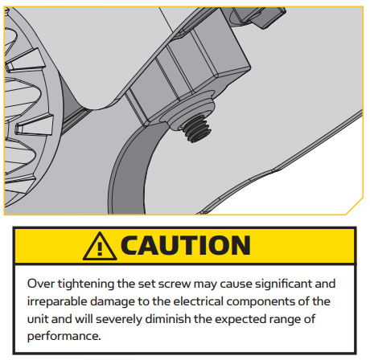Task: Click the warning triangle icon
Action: pos(100,247)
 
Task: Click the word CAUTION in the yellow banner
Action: pos(186,245)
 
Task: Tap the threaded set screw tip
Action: pos(197,130)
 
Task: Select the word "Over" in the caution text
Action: pos(41,284)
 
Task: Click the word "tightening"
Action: pos(86,284)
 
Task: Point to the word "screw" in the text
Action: pos(175,284)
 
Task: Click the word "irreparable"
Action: pos(57,302)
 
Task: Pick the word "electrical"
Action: pos(198,301)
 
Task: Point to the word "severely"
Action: pos(119,320)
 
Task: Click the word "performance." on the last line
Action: pos(64,337)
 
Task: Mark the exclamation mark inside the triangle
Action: pos(100,249)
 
